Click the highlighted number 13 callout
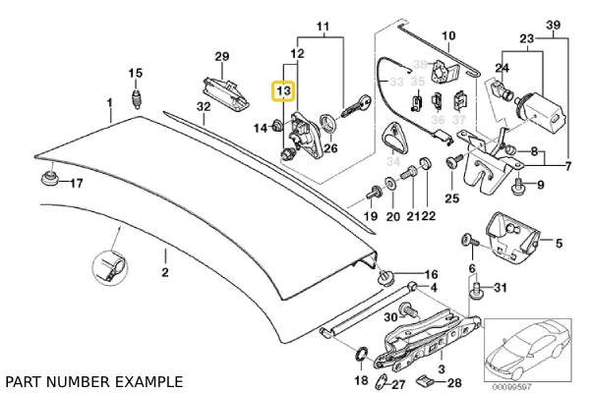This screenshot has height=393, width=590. coord(283,91)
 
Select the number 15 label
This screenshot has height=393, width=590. coord(136,73)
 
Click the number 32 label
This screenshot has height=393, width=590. coord(203,106)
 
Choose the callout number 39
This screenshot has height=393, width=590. coord(553,23)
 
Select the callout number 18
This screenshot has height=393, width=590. coord(360,379)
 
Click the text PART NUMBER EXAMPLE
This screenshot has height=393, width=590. coord(93,380)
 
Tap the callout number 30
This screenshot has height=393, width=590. coord(388,315)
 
